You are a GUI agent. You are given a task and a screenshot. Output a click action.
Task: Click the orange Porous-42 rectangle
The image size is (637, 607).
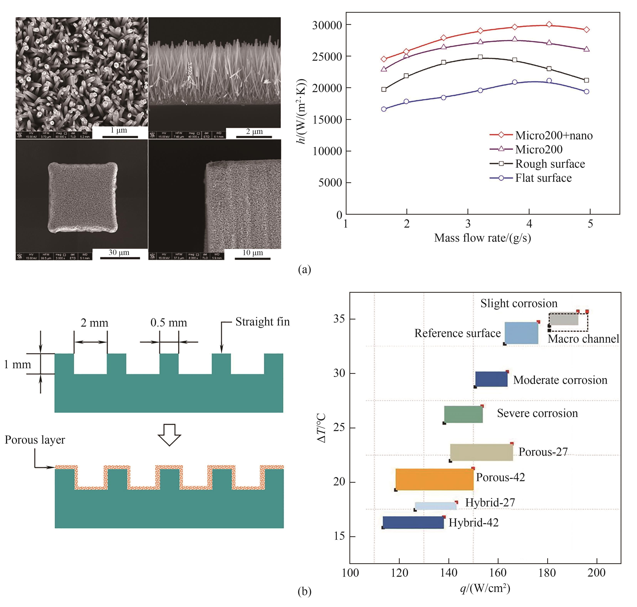point(434,479)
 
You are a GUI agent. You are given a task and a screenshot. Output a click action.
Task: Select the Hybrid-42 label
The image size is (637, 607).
point(473,523)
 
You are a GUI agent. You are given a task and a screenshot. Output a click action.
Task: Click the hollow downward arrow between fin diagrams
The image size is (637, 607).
point(169,435)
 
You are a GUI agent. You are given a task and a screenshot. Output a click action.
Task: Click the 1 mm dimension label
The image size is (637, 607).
point(18,365)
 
